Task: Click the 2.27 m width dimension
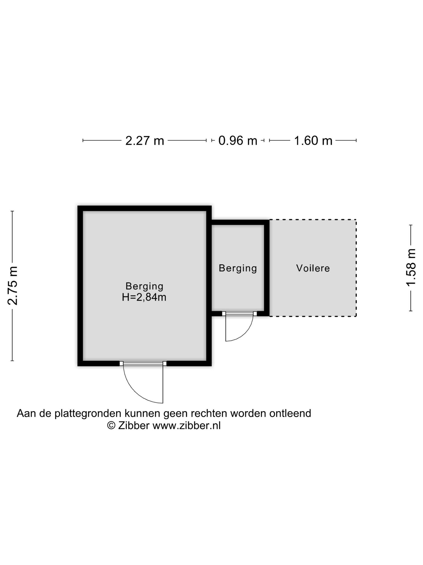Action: [x=145, y=141]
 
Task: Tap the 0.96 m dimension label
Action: [x=238, y=141]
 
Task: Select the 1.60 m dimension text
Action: [x=313, y=141]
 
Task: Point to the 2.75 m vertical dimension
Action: [x=13, y=286]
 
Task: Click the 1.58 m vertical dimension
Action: [x=411, y=268]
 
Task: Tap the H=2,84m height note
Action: [x=144, y=297]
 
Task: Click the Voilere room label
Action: [x=313, y=268]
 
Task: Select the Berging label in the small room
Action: [x=238, y=268]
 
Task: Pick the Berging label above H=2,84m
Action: [x=144, y=286]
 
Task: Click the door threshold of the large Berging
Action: [x=143, y=364]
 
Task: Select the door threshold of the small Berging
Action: [x=239, y=314]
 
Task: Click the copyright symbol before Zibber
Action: [x=111, y=425]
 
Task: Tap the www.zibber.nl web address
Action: [x=187, y=426]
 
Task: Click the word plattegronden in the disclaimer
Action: [x=88, y=414]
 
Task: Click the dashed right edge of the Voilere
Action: [x=356, y=268]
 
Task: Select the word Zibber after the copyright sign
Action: [x=134, y=426]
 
